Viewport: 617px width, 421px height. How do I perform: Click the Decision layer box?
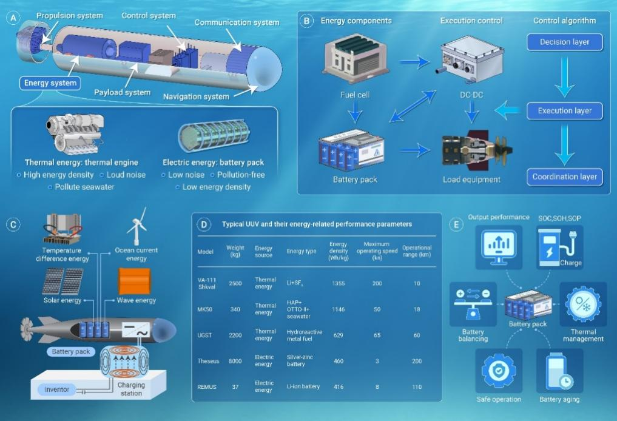(x=564, y=42)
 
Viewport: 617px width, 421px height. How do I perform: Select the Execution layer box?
(x=564, y=110)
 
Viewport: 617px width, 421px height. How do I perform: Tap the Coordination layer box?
(x=564, y=177)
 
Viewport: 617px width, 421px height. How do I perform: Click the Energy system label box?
(x=50, y=83)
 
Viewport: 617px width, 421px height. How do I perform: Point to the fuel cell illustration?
(x=356, y=61)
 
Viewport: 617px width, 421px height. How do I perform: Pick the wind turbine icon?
(x=137, y=226)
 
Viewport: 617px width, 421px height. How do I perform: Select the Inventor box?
(x=58, y=389)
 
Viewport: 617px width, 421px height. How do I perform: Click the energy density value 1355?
(x=339, y=283)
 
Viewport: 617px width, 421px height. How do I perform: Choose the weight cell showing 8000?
(x=235, y=361)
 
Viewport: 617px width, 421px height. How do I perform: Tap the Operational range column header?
(x=416, y=251)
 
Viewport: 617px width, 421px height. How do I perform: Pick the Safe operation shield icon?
(x=498, y=371)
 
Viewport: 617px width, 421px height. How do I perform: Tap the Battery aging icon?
(x=559, y=371)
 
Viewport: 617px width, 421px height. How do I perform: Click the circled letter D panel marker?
(x=204, y=224)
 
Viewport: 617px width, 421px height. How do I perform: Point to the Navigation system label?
(x=195, y=96)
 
